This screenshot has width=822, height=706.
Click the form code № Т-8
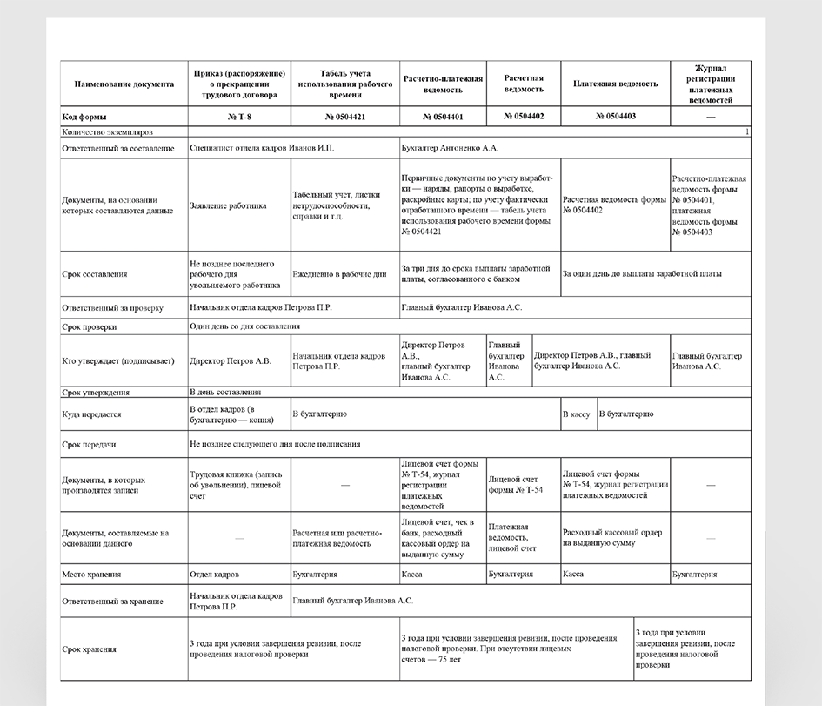coord(239,117)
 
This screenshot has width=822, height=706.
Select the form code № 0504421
coord(345,117)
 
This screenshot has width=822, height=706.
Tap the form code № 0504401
coord(443,117)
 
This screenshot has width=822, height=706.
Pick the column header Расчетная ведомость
coord(524,84)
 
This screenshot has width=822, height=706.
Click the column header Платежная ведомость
coord(616,84)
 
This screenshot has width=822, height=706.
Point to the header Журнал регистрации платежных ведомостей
coord(711,84)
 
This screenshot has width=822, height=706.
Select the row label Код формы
coord(85,117)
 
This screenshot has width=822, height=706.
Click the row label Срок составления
coord(95,274)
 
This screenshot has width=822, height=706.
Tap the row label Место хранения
coord(91,575)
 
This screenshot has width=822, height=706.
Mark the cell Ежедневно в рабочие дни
coord(339,274)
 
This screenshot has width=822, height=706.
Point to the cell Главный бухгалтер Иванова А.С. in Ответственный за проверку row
coord(462,307)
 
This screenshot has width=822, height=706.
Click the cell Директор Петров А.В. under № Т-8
coord(231,360)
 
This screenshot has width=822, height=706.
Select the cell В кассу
coord(577,414)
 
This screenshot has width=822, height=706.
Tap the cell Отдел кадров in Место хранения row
coord(214,575)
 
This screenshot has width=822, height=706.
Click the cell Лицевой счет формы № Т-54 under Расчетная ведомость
coord(516,485)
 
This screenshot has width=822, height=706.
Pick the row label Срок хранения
coord(90,649)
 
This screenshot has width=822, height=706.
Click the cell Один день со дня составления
coord(245,326)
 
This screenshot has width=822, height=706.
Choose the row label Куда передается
coord(92,415)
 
